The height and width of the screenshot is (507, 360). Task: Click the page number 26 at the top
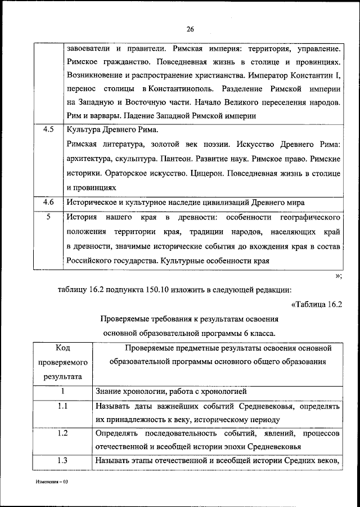(x=190, y=29)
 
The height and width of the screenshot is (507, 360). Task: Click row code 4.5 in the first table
(x=48, y=129)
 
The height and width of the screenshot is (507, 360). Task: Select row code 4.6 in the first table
(x=48, y=201)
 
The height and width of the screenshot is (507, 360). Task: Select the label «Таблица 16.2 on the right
(x=317, y=304)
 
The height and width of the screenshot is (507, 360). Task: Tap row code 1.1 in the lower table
(x=63, y=405)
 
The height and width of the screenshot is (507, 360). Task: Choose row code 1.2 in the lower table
(x=63, y=433)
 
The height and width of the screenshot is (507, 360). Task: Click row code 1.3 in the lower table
(x=63, y=461)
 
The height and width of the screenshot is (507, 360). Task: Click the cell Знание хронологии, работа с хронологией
(x=171, y=391)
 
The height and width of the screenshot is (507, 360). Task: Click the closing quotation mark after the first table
(x=338, y=276)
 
